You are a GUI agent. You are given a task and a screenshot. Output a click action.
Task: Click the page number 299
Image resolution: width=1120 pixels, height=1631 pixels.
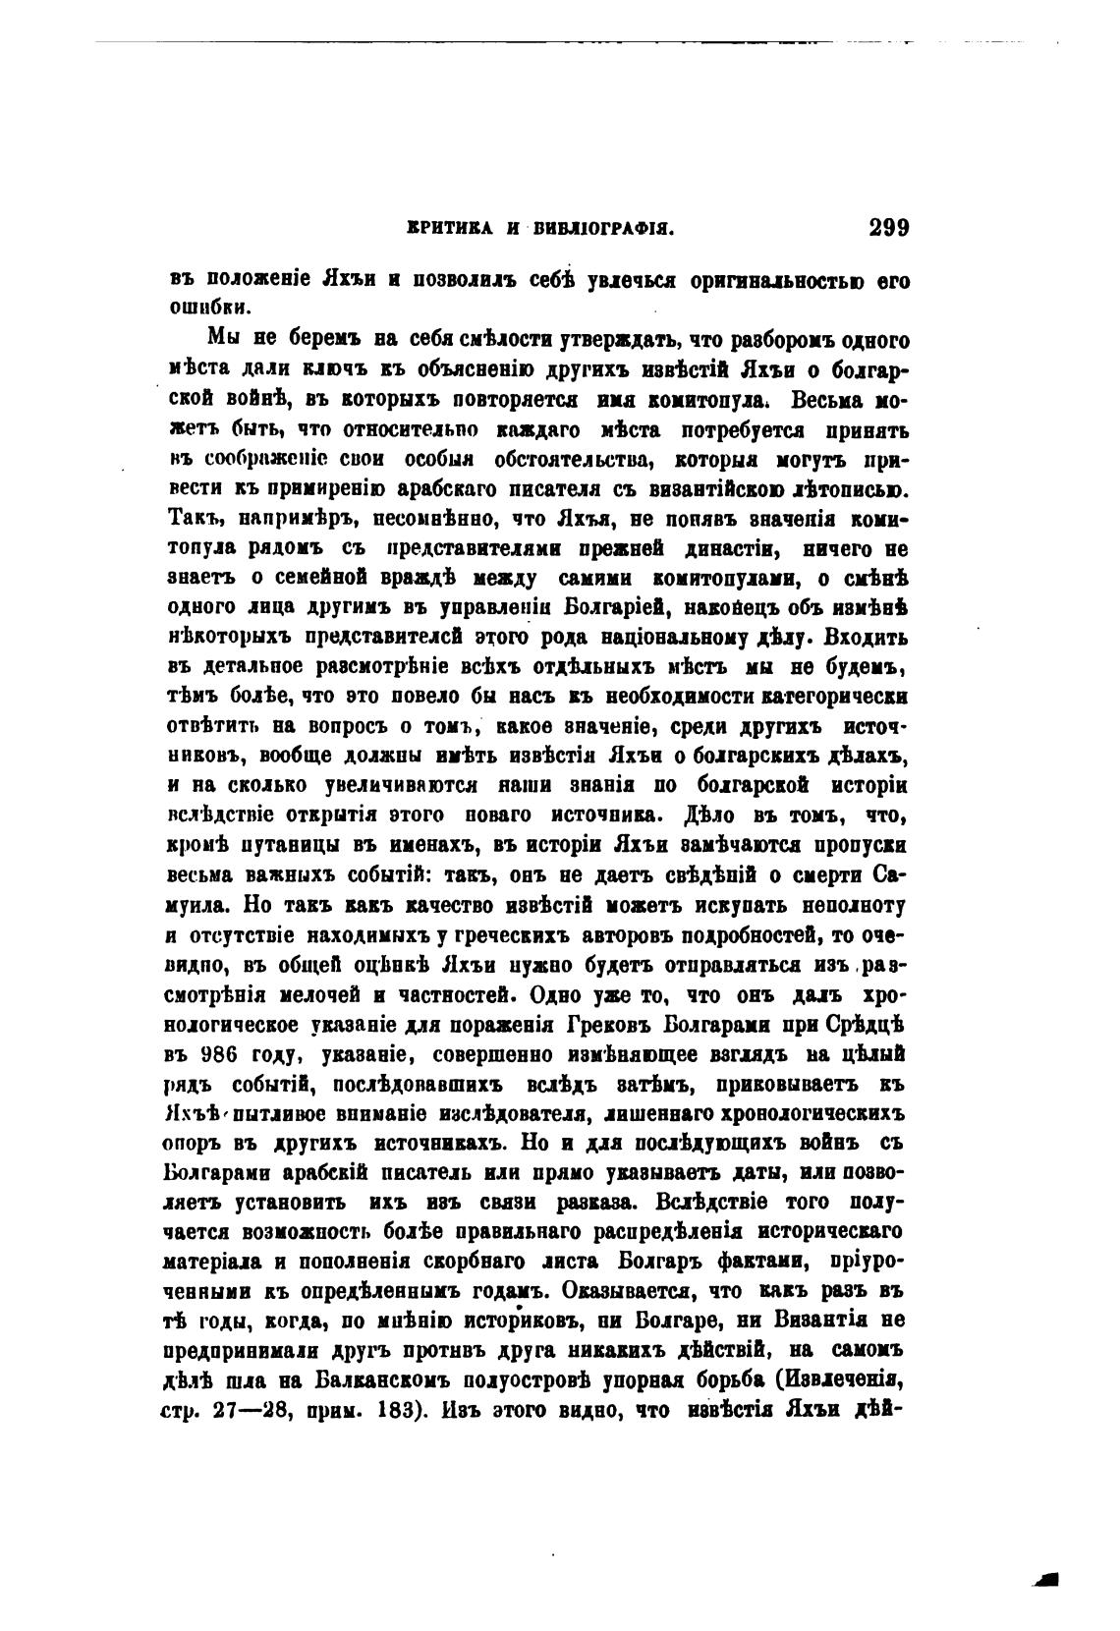pyautogui.click(x=890, y=228)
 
